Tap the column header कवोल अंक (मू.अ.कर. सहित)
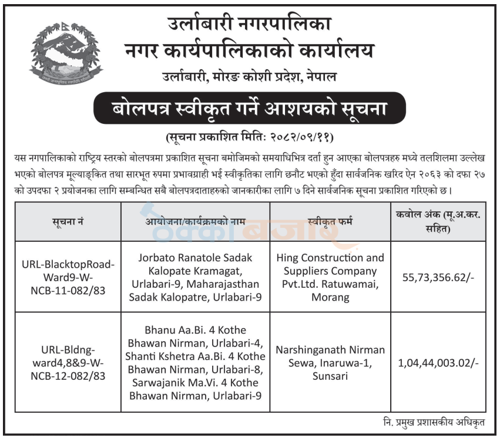438,221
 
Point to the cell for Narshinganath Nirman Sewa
330,362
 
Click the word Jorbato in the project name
157,258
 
